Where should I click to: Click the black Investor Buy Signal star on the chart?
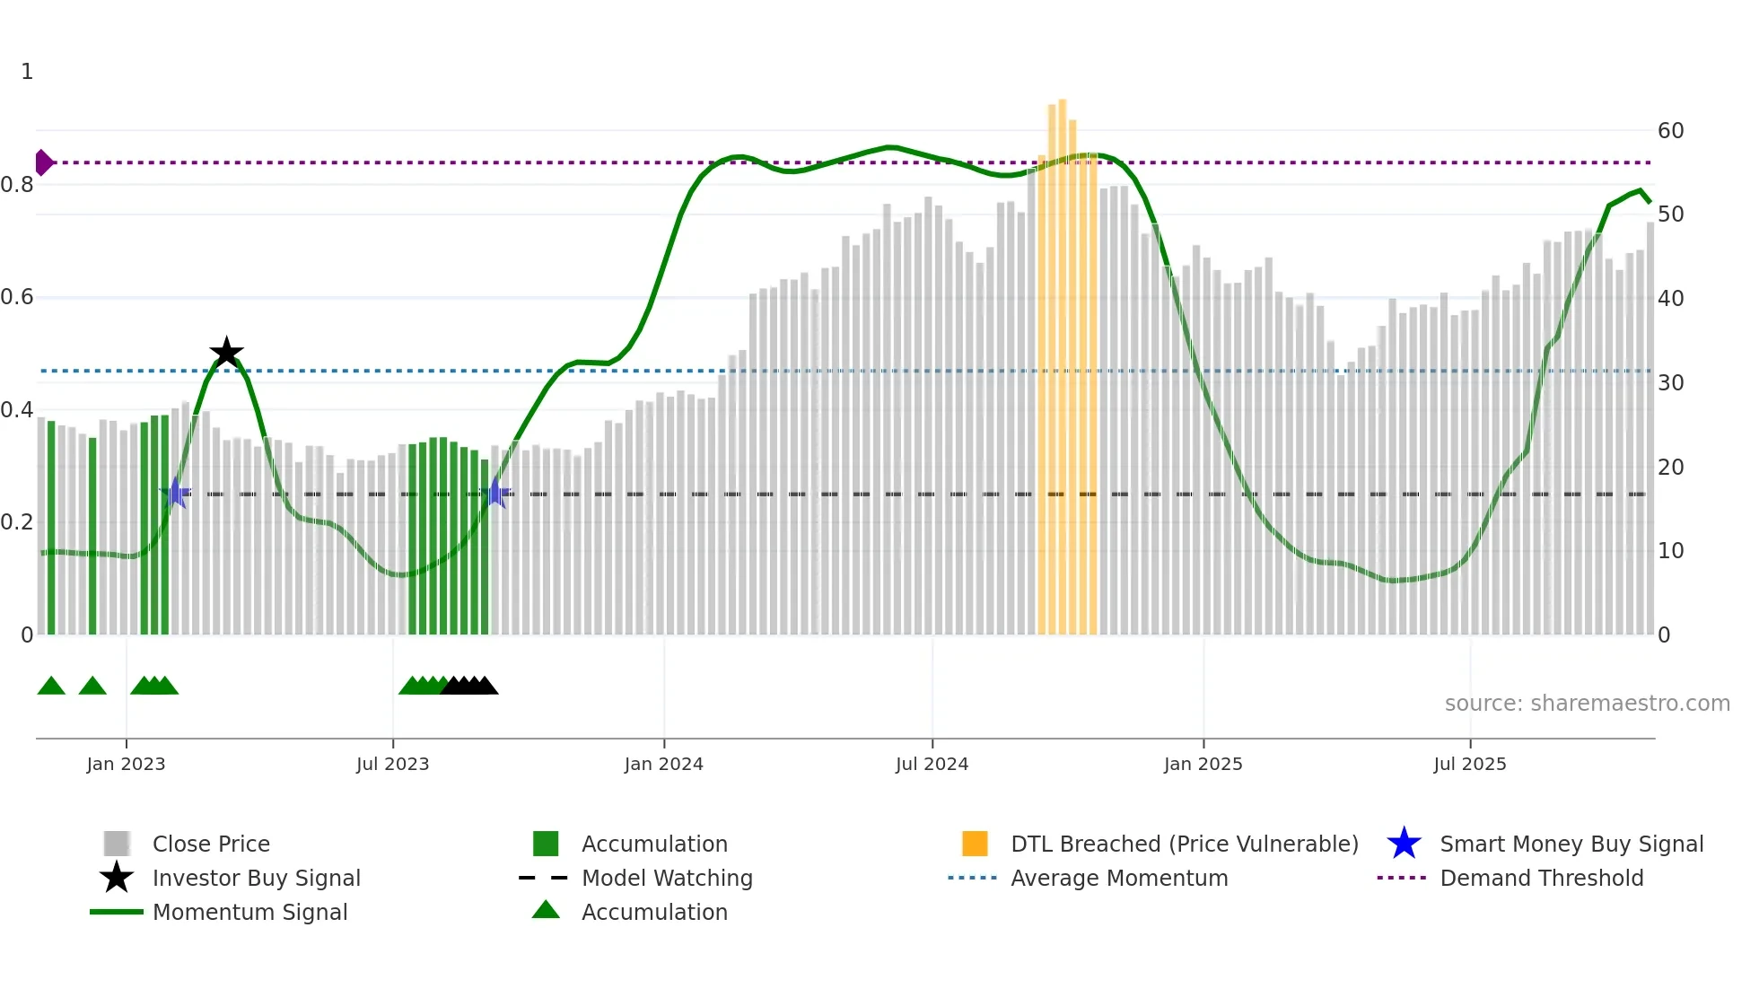[x=226, y=353]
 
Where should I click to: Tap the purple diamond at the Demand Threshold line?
[x=43, y=162]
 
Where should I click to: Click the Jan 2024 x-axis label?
[x=663, y=764]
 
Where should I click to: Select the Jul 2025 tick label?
[x=1469, y=764]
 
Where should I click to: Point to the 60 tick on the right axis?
[x=1670, y=131]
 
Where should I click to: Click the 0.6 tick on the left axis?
[x=18, y=297]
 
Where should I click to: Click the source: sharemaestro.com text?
[x=1587, y=704]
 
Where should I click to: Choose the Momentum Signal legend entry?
[x=249, y=912]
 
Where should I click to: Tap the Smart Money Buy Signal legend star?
[x=1404, y=844]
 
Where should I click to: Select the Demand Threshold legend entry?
[x=1541, y=878]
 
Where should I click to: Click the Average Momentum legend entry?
[x=1118, y=878]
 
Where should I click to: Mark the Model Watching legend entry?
[x=666, y=878]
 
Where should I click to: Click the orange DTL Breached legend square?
[x=975, y=844]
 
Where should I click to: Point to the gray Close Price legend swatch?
[x=117, y=844]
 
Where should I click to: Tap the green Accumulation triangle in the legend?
[x=546, y=910]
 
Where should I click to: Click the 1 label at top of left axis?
[x=27, y=72]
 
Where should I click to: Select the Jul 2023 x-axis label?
[x=392, y=764]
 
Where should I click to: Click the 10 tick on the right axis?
[x=1670, y=551]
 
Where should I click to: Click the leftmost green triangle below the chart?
[x=51, y=687]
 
